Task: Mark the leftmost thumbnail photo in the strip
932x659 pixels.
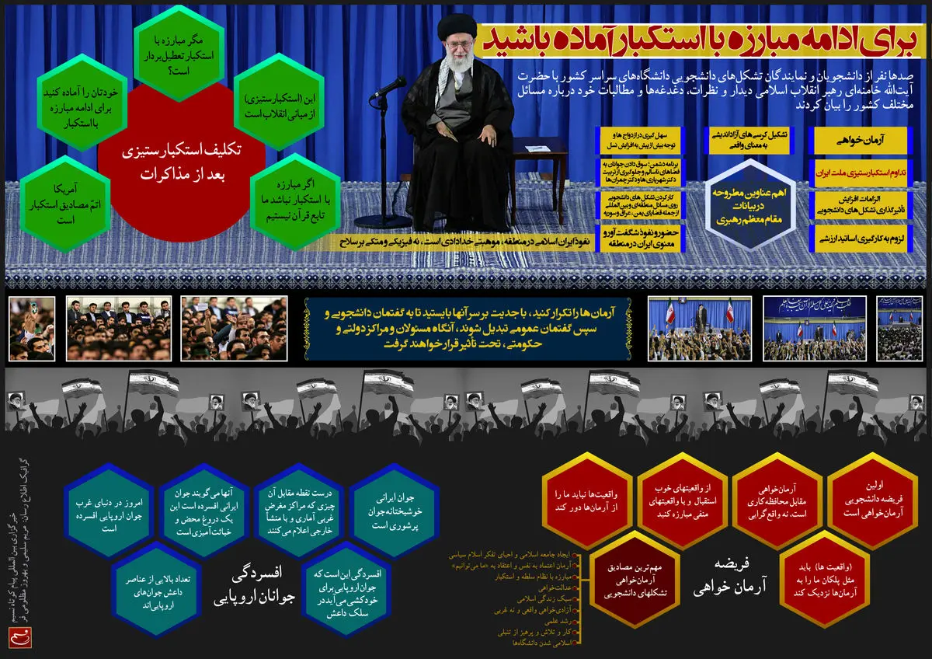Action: click(x=32, y=329)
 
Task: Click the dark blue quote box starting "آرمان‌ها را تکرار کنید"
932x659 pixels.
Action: click(x=466, y=329)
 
